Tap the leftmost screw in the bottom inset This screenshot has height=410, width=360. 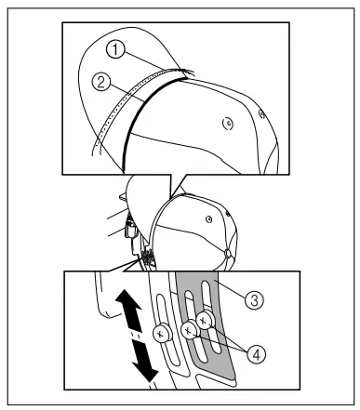(x=164, y=332)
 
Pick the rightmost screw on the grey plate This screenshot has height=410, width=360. (x=206, y=320)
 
